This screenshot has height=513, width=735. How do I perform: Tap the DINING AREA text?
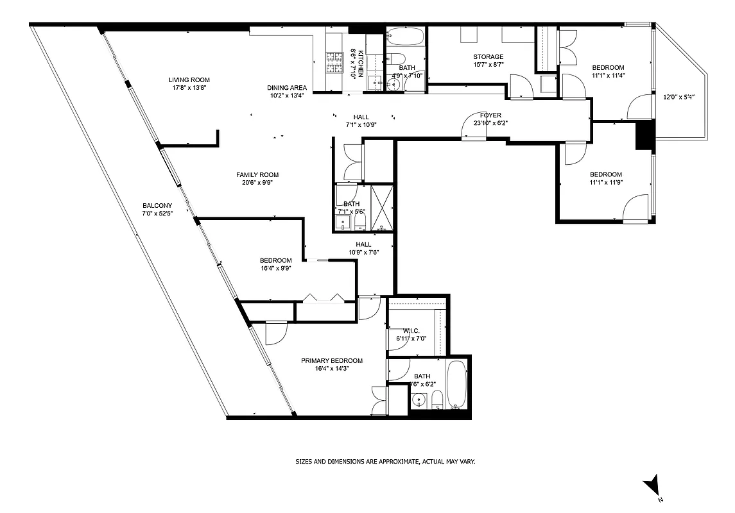point(287,88)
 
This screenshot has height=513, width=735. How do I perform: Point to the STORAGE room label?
point(488,57)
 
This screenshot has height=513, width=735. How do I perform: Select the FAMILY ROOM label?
point(257,175)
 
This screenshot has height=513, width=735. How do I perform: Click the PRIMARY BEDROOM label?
point(332,360)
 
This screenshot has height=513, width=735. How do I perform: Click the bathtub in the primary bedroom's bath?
point(457,385)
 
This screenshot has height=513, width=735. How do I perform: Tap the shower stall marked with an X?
point(383,208)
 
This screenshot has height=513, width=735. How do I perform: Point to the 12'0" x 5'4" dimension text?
point(679,97)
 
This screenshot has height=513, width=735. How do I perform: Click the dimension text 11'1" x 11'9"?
point(606,182)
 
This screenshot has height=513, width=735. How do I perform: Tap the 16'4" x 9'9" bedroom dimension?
point(275,269)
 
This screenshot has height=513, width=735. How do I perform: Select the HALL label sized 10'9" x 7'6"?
point(363,244)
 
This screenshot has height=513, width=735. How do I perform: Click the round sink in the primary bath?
point(419,401)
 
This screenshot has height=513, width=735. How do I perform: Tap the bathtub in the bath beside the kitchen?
point(406,36)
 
